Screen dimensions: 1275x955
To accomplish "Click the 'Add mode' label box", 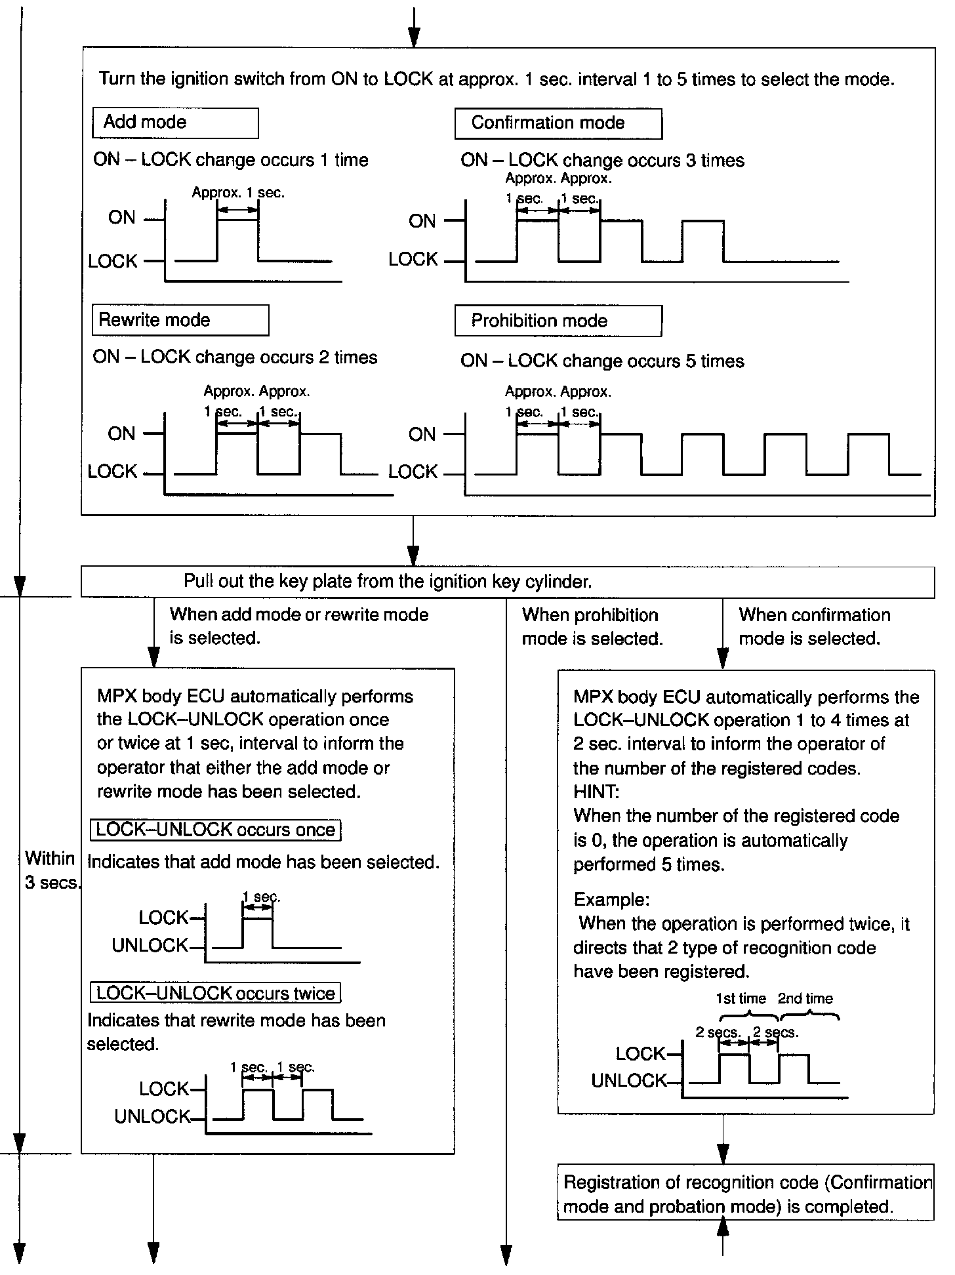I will tap(175, 123).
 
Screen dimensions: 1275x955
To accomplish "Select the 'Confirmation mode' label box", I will tap(558, 123).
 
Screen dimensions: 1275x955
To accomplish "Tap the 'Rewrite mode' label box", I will tap(180, 320).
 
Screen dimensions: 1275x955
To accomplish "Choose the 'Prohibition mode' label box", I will tap(558, 321).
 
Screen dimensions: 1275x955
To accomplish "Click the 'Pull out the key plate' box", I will tap(507, 582).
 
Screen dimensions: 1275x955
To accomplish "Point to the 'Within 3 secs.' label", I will tap(51, 870).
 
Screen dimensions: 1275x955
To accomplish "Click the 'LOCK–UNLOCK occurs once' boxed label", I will tap(215, 830).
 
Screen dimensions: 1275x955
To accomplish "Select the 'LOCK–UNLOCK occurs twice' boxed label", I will tap(215, 993).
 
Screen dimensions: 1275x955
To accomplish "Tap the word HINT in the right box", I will tap(596, 792).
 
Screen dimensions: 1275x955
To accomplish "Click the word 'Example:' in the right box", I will tap(611, 899).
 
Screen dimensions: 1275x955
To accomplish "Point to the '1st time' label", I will tap(741, 999).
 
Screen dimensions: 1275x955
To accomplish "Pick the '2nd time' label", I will tap(805, 999).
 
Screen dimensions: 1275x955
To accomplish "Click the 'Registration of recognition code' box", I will tap(745, 1194).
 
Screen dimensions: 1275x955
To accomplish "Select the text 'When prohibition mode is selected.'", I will tap(592, 627).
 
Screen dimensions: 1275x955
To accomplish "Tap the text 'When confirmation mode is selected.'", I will tap(814, 627).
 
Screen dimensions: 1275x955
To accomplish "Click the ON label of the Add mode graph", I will tap(121, 218).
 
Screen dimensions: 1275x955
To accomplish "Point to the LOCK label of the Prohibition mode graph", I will tap(413, 472).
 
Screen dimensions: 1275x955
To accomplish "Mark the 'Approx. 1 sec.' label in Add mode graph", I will tap(238, 193).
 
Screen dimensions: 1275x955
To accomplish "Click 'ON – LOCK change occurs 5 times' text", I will tap(602, 361).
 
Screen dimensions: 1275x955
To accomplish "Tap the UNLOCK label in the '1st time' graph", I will tap(628, 1081).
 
